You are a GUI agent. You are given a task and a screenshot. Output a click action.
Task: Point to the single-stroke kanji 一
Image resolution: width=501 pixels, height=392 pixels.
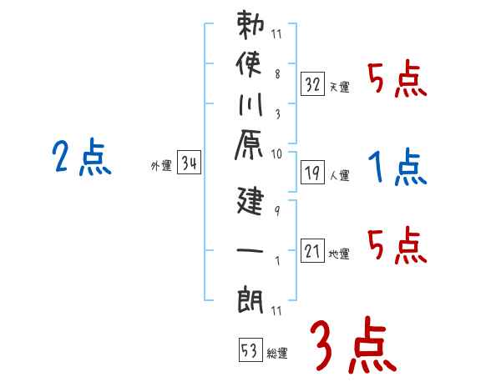[x=250, y=249]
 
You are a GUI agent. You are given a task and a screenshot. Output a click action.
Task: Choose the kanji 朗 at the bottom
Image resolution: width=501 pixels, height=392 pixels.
[x=250, y=297]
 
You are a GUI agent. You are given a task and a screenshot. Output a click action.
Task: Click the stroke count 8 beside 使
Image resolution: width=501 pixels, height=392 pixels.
[x=276, y=72]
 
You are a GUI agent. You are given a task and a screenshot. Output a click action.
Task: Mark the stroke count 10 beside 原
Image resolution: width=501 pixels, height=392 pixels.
[x=276, y=153]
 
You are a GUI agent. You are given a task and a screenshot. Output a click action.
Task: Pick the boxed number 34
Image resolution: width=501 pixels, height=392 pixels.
[x=189, y=164]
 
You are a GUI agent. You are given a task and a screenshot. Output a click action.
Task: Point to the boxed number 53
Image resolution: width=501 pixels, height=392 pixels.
[x=250, y=351]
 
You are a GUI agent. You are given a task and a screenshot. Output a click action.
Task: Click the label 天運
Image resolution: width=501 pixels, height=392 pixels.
[x=339, y=86]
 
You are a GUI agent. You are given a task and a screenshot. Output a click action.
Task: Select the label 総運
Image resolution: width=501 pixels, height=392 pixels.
[x=277, y=354]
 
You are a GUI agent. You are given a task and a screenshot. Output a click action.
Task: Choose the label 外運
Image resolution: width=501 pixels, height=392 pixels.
[x=161, y=166]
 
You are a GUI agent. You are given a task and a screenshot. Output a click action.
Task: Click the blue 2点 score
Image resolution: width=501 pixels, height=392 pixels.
[x=81, y=158]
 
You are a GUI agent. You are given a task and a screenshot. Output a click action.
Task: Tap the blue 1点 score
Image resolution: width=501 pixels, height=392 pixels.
[x=397, y=168]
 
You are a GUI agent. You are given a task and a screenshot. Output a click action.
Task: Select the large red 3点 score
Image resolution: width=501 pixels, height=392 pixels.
[x=352, y=344]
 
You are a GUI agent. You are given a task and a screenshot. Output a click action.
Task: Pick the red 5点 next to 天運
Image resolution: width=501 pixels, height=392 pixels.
[x=397, y=80]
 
